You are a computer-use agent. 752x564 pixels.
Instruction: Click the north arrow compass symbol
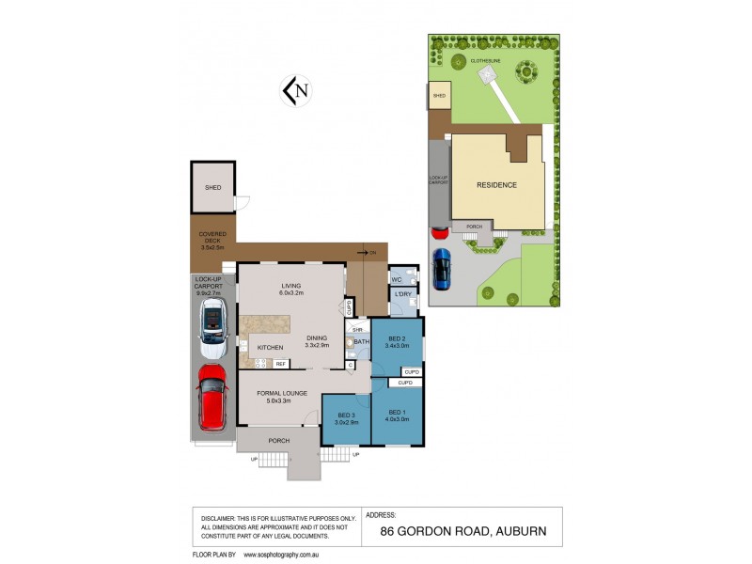click(296, 90)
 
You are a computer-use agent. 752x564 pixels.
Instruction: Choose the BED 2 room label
click(395, 338)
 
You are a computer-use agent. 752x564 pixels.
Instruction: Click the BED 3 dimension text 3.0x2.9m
click(346, 422)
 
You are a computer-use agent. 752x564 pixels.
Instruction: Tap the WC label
click(396, 278)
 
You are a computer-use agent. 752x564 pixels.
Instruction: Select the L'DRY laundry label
click(403, 296)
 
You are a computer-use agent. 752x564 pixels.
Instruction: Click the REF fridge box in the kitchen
click(280, 363)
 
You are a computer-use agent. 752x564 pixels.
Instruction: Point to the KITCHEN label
click(271, 348)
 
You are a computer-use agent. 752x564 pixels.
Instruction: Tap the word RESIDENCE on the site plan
click(497, 185)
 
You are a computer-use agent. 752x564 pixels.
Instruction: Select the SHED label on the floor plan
click(212, 188)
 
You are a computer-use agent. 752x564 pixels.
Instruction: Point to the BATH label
click(361, 341)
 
